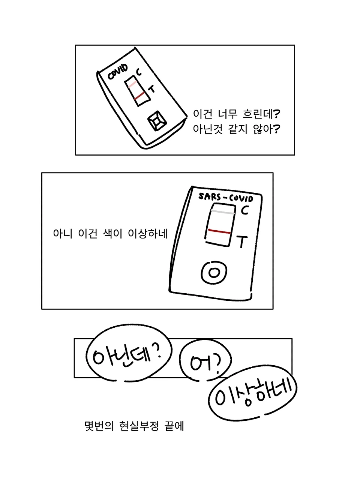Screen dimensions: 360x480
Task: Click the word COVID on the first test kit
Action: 118,72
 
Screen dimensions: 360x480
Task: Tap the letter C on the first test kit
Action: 139,72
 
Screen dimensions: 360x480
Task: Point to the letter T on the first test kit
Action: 151,90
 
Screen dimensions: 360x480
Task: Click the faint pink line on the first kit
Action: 132,85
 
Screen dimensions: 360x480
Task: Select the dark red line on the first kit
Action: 139,96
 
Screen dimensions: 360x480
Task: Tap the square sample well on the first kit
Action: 157,121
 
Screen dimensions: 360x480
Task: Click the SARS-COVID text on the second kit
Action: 226,198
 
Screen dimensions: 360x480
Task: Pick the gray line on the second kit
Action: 222,212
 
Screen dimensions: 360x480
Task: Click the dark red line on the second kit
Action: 219,231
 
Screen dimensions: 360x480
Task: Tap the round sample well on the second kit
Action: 214,273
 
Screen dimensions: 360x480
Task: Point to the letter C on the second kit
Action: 244,210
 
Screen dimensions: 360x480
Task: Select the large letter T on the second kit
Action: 241,241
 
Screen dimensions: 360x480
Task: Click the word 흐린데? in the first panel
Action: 261,114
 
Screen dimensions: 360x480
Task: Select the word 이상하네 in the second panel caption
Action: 147,234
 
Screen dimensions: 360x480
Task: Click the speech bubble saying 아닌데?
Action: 129,353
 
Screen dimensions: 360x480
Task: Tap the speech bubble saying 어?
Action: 205,360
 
